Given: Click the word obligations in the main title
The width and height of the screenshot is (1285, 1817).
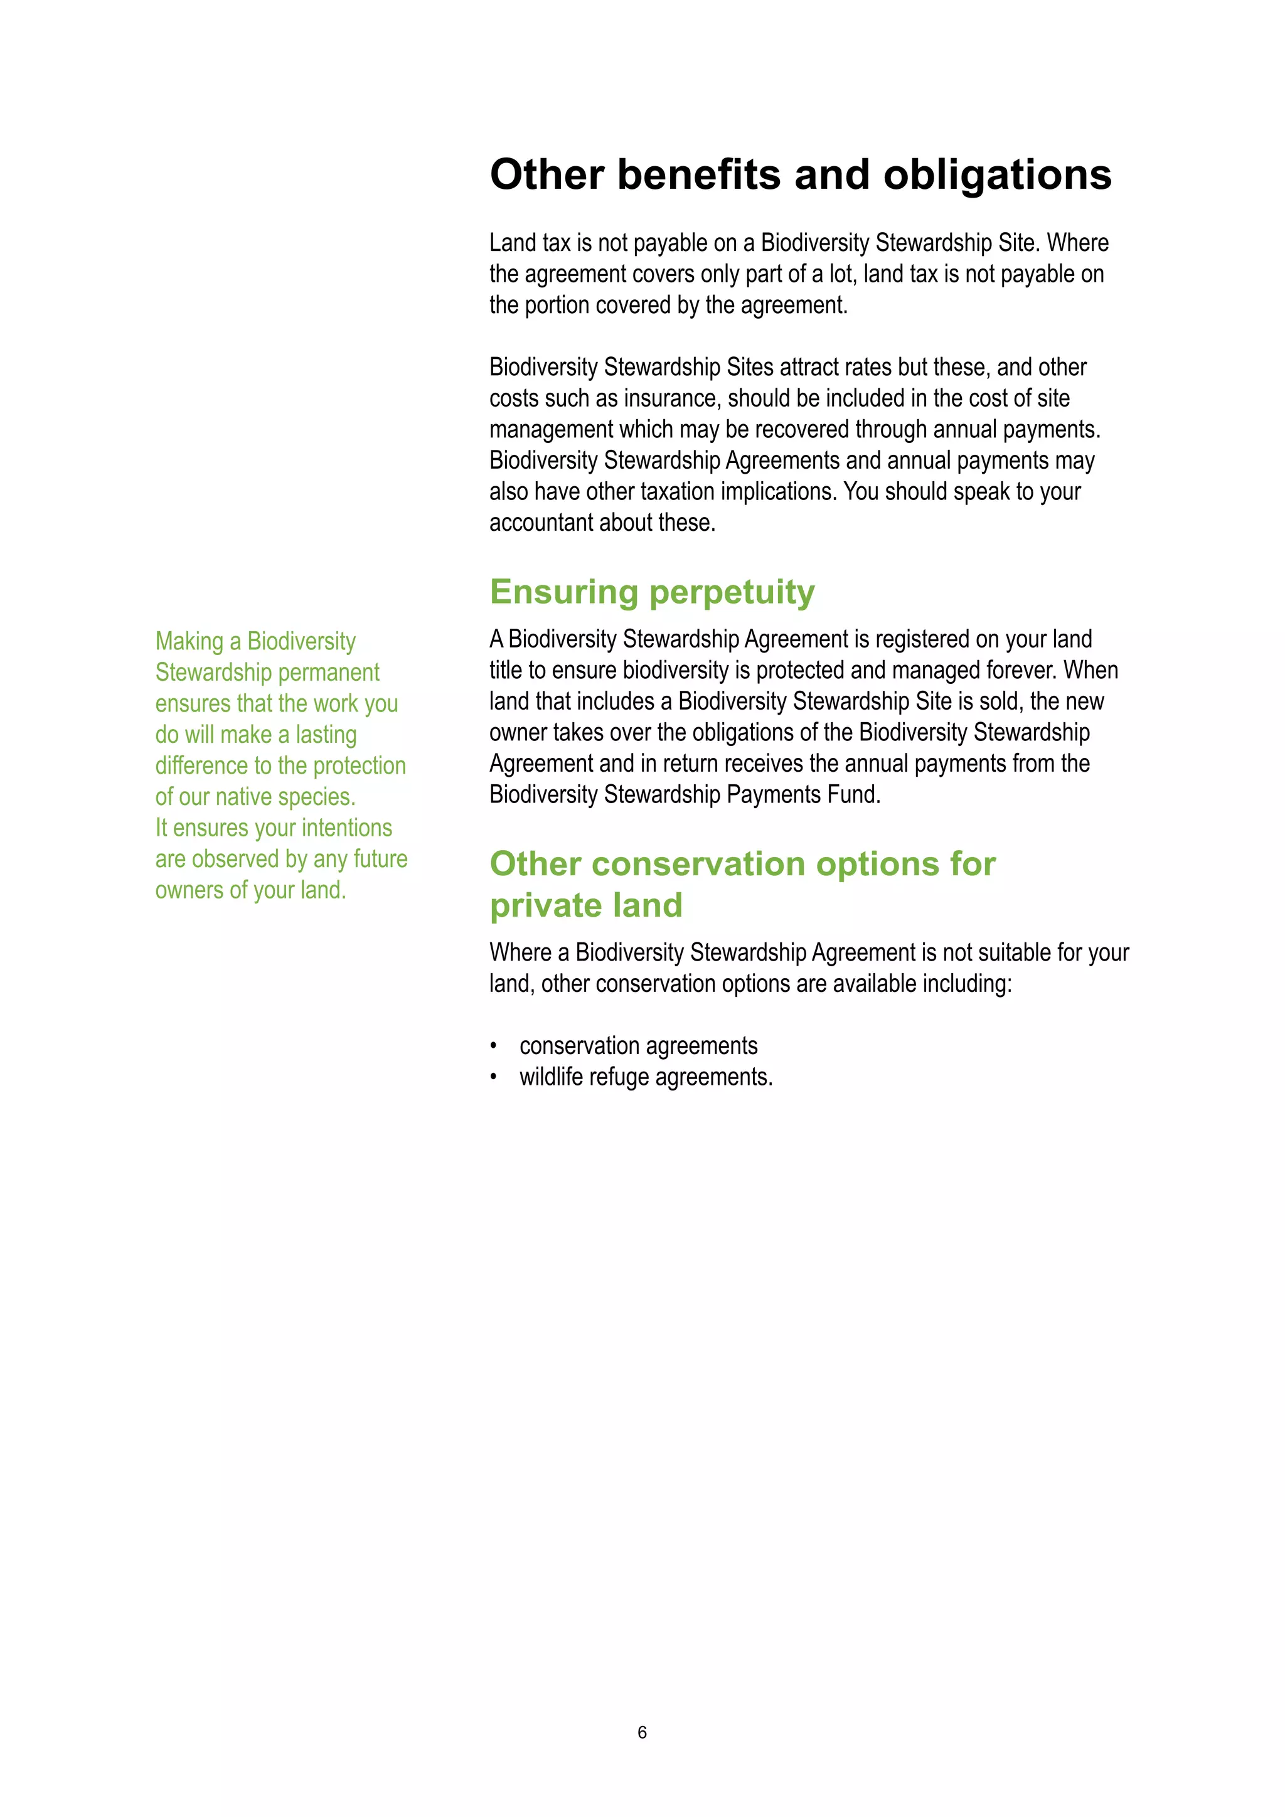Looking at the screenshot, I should pyautogui.click(x=997, y=175).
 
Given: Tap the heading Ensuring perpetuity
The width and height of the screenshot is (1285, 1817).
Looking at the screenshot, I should pyautogui.click(x=652, y=592).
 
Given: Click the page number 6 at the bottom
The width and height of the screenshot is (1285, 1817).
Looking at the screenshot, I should pyautogui.click(x=642, y=1732).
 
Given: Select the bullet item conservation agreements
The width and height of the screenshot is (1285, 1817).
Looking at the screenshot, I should pyautogui.click(x=637, y=1046).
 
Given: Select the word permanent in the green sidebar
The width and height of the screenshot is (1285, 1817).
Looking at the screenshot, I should pyautogui.click(x=328, y=673).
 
